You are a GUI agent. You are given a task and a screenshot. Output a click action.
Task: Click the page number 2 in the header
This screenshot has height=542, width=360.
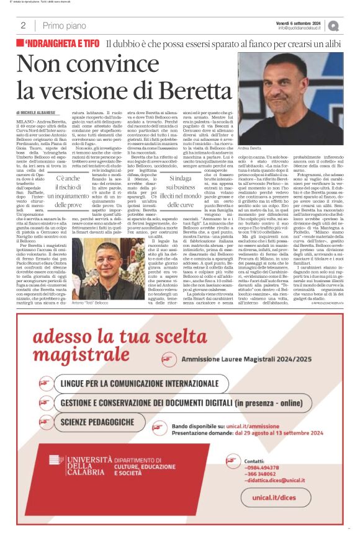coord(23,25)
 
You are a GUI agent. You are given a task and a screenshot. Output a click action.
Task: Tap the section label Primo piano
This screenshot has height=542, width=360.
coord(65,25)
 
